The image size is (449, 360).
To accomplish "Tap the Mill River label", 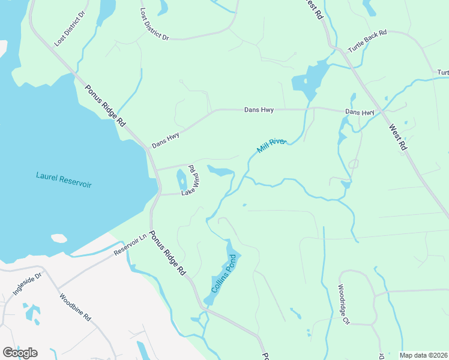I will click(x=272, y=145).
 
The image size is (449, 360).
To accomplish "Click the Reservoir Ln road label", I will click(x=130, y=245).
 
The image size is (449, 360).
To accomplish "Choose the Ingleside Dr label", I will click(x=27, y=284).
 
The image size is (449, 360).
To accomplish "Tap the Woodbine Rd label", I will click(x=75, y=307).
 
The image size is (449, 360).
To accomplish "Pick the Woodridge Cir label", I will click(x=343, y=304).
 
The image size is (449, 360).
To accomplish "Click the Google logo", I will click(x=20, y=352).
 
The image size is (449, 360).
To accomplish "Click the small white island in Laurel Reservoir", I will click(x=59, y=238).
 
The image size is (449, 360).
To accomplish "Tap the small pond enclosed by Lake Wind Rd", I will click(x=181, y=178).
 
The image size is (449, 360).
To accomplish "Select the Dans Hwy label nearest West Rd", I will click(x=360, y=112).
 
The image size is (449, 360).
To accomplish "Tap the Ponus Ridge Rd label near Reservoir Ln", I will click(x=167, y=253).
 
